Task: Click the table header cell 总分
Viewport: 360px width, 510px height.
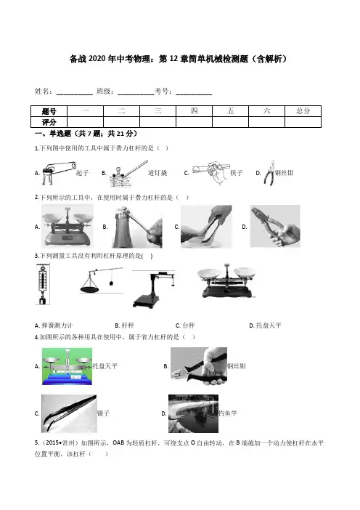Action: [303, 111]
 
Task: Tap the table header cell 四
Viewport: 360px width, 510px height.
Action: [194, 111]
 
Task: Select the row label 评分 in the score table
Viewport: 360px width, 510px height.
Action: [49, 122]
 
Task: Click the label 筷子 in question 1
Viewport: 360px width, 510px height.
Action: [236, 173]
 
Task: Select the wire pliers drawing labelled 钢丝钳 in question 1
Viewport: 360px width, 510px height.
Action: [269, 173]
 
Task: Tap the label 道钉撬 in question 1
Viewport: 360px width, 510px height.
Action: [157, 173]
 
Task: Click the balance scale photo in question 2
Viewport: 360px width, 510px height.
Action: [67, 226]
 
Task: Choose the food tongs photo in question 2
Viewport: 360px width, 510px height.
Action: [206, 227]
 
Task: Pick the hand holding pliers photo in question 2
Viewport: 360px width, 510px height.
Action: [275, 226]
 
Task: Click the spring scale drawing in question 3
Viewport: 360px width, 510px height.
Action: [42, 285]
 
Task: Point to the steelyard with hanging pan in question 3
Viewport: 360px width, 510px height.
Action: [101, 280]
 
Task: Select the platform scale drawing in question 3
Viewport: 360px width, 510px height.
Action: [153, 289]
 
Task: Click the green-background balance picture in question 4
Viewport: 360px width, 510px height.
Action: [67, 366]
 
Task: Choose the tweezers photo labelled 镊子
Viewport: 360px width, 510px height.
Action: [69, 413]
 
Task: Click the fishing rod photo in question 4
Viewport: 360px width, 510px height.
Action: [193, 413]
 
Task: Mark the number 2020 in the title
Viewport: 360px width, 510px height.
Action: [97, 59]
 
